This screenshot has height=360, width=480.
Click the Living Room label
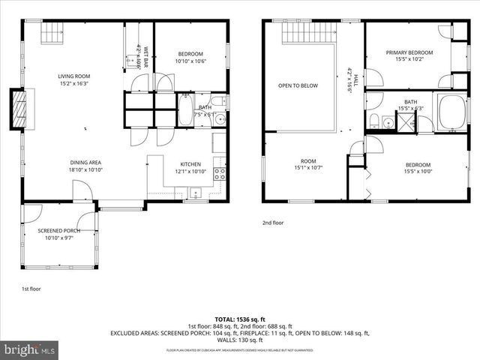pos(74,76)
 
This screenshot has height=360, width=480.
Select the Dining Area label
pos(85,163)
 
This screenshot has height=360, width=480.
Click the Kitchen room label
pos(190,164)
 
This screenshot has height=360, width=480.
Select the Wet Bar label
pos(145,56)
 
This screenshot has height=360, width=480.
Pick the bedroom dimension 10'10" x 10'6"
pos(191,61)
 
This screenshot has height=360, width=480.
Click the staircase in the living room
pos(51,32)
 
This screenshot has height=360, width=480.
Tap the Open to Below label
pos(298,85)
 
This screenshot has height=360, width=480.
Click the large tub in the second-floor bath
pos(451,112)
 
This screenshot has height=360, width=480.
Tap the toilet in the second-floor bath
pos(373,121)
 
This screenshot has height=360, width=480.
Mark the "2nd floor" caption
pos(272,223)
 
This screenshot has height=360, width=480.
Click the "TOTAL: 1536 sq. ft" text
pos(239,319)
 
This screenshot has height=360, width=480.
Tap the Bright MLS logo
pos(30,349)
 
